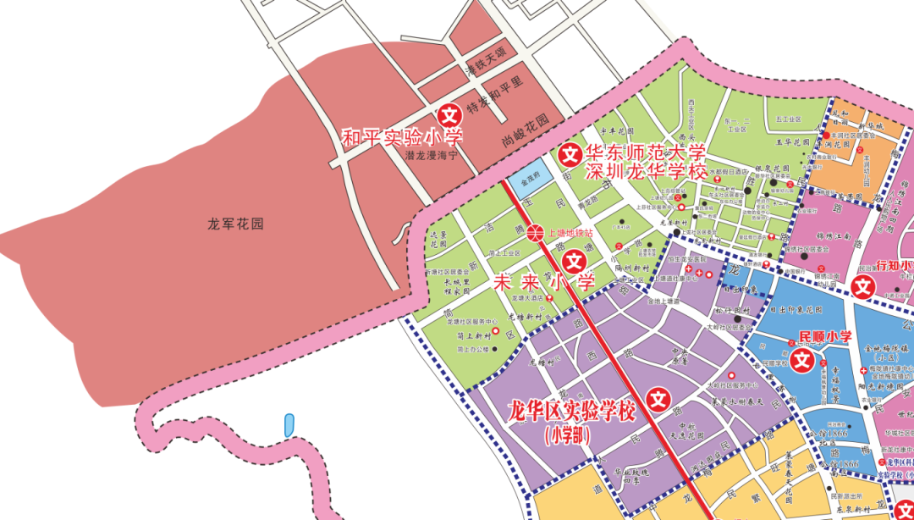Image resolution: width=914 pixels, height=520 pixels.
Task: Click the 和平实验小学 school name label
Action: (402, 137)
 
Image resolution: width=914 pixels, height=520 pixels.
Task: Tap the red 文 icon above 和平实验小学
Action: (449, 113)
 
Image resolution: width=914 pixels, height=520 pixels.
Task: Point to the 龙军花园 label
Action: (236, 224)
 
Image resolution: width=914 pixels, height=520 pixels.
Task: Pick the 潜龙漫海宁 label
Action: (431, 157)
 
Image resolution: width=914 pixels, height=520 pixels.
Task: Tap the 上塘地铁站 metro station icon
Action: (535, 232)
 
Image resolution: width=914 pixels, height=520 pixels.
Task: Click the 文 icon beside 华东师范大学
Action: (570, 154)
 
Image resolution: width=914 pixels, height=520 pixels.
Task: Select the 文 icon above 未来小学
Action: (572, 263)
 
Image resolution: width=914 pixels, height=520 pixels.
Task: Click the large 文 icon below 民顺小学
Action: (801, 362)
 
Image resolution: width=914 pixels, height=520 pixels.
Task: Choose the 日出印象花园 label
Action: (796, 310)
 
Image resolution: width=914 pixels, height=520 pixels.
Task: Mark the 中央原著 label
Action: (678, 357)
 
